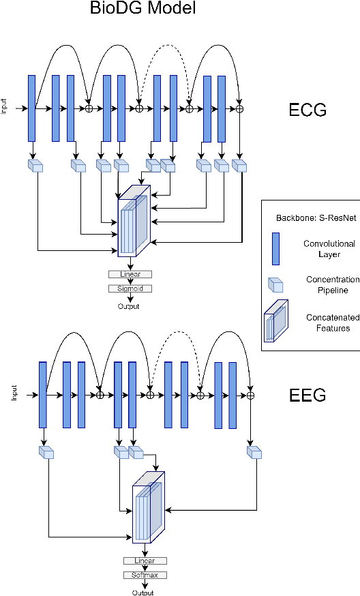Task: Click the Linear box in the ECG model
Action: click(130, 274)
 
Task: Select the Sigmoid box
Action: click(130, 288)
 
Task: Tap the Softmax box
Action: click(145, 575)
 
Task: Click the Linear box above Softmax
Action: click(145, 561)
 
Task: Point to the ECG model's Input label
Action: click(4, 108)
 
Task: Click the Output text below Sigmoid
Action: click(127, 306)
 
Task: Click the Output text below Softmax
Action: click(143, 592)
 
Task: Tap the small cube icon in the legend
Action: click(275, 284)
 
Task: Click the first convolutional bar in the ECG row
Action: click(31, 108)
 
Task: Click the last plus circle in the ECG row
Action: click(239, 108)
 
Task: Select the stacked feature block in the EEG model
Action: click(149, 508)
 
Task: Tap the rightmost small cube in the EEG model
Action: click(255, 452)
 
